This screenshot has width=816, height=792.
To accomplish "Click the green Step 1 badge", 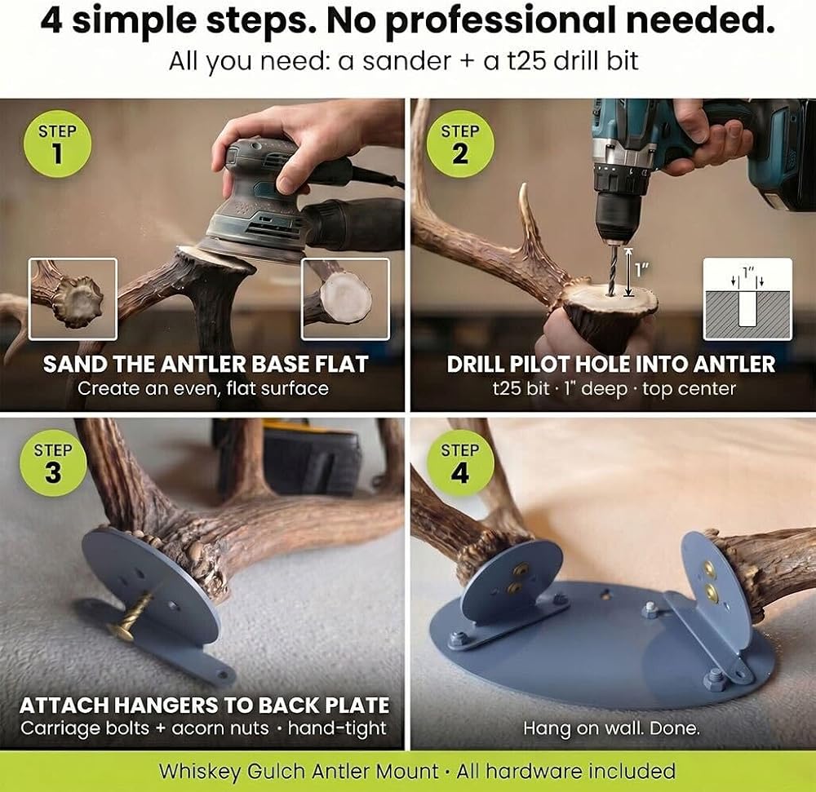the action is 57,144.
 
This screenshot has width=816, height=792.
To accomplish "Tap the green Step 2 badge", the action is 460,144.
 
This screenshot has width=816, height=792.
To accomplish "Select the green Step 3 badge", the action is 53,462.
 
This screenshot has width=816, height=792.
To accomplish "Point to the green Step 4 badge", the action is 460,462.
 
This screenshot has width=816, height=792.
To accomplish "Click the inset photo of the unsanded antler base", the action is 73,299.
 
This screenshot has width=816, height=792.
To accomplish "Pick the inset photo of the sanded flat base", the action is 345,299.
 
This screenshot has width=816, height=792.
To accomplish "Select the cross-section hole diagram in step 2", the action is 747,299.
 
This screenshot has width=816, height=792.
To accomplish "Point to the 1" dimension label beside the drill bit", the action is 642,270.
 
